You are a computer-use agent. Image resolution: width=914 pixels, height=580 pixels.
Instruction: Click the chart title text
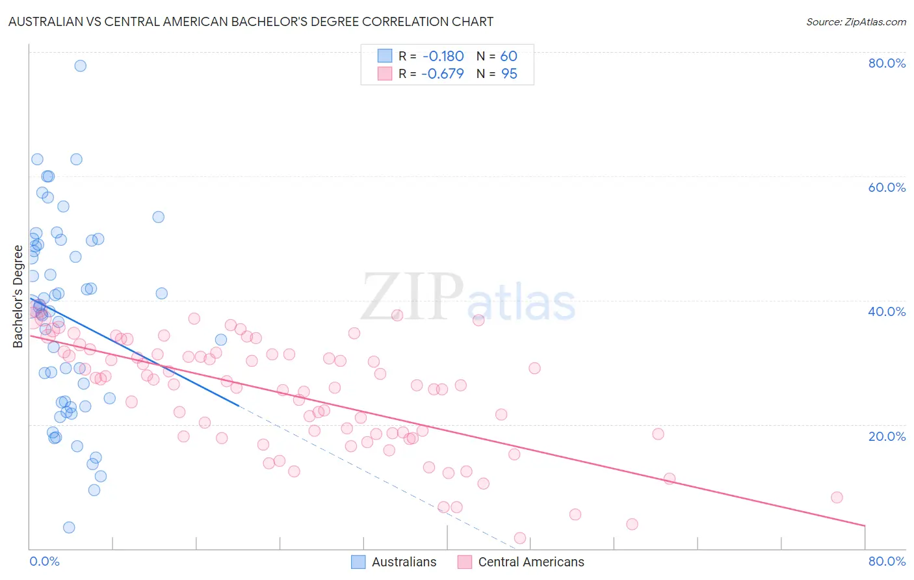(x=251, y=22)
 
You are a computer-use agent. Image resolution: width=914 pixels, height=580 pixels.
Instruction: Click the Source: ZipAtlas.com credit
(x=855, y=22)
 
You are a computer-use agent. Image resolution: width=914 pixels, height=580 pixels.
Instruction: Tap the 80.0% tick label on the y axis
(x=887, y=63)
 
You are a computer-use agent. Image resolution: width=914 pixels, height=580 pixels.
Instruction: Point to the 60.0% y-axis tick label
(x=887, y=187)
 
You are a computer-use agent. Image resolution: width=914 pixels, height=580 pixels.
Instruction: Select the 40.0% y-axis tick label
(x=887, y=311)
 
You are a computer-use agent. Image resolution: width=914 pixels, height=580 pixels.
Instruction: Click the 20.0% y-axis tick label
(x=887, y=436)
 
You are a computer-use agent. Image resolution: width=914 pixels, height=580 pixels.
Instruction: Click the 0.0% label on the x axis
(x=44, y=561)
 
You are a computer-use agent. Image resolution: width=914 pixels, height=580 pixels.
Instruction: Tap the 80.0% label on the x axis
(x=887, y=561)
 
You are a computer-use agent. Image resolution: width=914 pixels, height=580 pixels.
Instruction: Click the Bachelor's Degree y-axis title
(x=18, y=297)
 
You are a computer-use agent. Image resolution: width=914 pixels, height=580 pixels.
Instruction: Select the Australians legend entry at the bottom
(x=395, y=562)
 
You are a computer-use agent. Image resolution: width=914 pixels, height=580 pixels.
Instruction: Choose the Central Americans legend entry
(x=521, y=562)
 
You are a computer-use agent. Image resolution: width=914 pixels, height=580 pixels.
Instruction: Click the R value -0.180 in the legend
(x=443, y=56)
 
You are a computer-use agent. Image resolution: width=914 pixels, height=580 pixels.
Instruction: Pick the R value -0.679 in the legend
(x=443, y=74)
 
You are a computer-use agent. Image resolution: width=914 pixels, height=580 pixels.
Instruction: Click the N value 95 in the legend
(x=509, y=74)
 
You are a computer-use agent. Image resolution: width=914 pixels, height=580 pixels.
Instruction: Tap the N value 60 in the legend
(x=508, y=56)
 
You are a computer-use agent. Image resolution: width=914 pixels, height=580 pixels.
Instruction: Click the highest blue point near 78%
(x=81, y=66)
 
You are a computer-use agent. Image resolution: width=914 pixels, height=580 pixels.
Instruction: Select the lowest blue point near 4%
(x=69, y=527)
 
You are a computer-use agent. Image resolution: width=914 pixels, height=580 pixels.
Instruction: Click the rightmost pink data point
(x=837, y=497)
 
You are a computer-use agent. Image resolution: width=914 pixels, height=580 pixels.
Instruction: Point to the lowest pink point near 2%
(x=520, y=538)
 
